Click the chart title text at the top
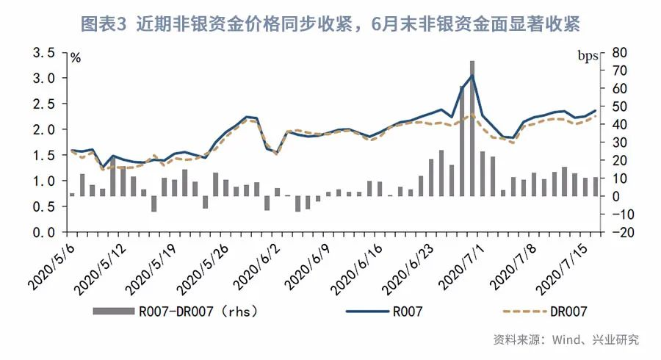point(330,24)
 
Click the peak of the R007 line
point(472,76)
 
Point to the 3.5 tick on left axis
point(45,53)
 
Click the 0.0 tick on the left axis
point(45,232)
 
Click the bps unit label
point(588,57)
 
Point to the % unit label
point(75,58)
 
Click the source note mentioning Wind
point(566,339)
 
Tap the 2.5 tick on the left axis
point(45,104)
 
